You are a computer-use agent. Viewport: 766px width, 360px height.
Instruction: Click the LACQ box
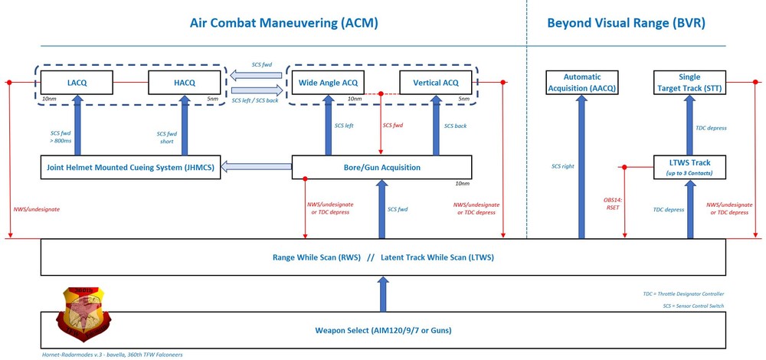[77, 81]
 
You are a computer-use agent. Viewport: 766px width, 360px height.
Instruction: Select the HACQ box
[184, 81]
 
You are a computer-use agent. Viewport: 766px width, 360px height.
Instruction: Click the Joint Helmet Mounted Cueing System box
[131, 167]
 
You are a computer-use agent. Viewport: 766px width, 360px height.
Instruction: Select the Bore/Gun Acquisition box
[381, 167]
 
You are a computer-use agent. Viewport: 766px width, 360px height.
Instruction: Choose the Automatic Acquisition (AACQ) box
[581, 83]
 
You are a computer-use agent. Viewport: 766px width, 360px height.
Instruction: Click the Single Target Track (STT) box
[689, 83]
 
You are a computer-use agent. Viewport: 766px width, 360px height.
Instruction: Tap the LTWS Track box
[689, 167]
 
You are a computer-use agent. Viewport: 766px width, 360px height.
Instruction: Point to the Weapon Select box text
[382, 331]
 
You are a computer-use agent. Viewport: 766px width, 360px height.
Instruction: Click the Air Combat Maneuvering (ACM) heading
[285, 23]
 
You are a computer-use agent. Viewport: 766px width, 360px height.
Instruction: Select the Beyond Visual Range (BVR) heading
[626, 23]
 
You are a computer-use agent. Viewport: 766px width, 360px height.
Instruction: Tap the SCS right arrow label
[563, 165]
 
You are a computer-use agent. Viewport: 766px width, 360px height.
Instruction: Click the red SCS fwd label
[392, 125]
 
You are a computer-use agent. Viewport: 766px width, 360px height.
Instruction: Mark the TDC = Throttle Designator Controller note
[683, 293]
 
